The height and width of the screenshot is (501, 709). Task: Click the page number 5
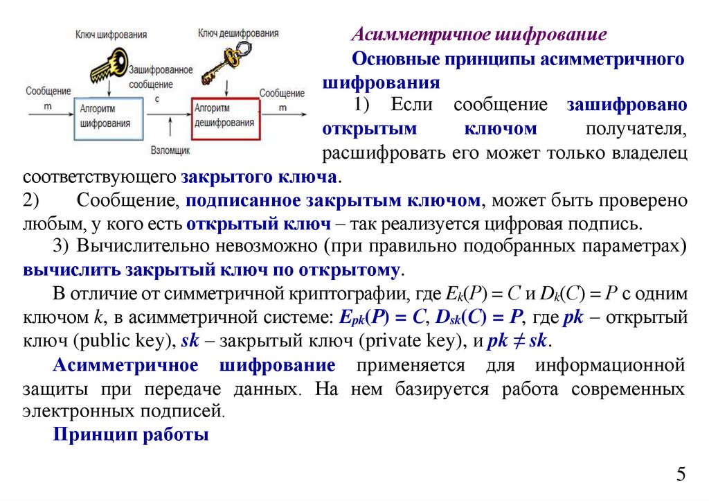click(681, 475)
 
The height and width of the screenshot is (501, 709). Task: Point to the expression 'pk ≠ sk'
click(518, 342)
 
